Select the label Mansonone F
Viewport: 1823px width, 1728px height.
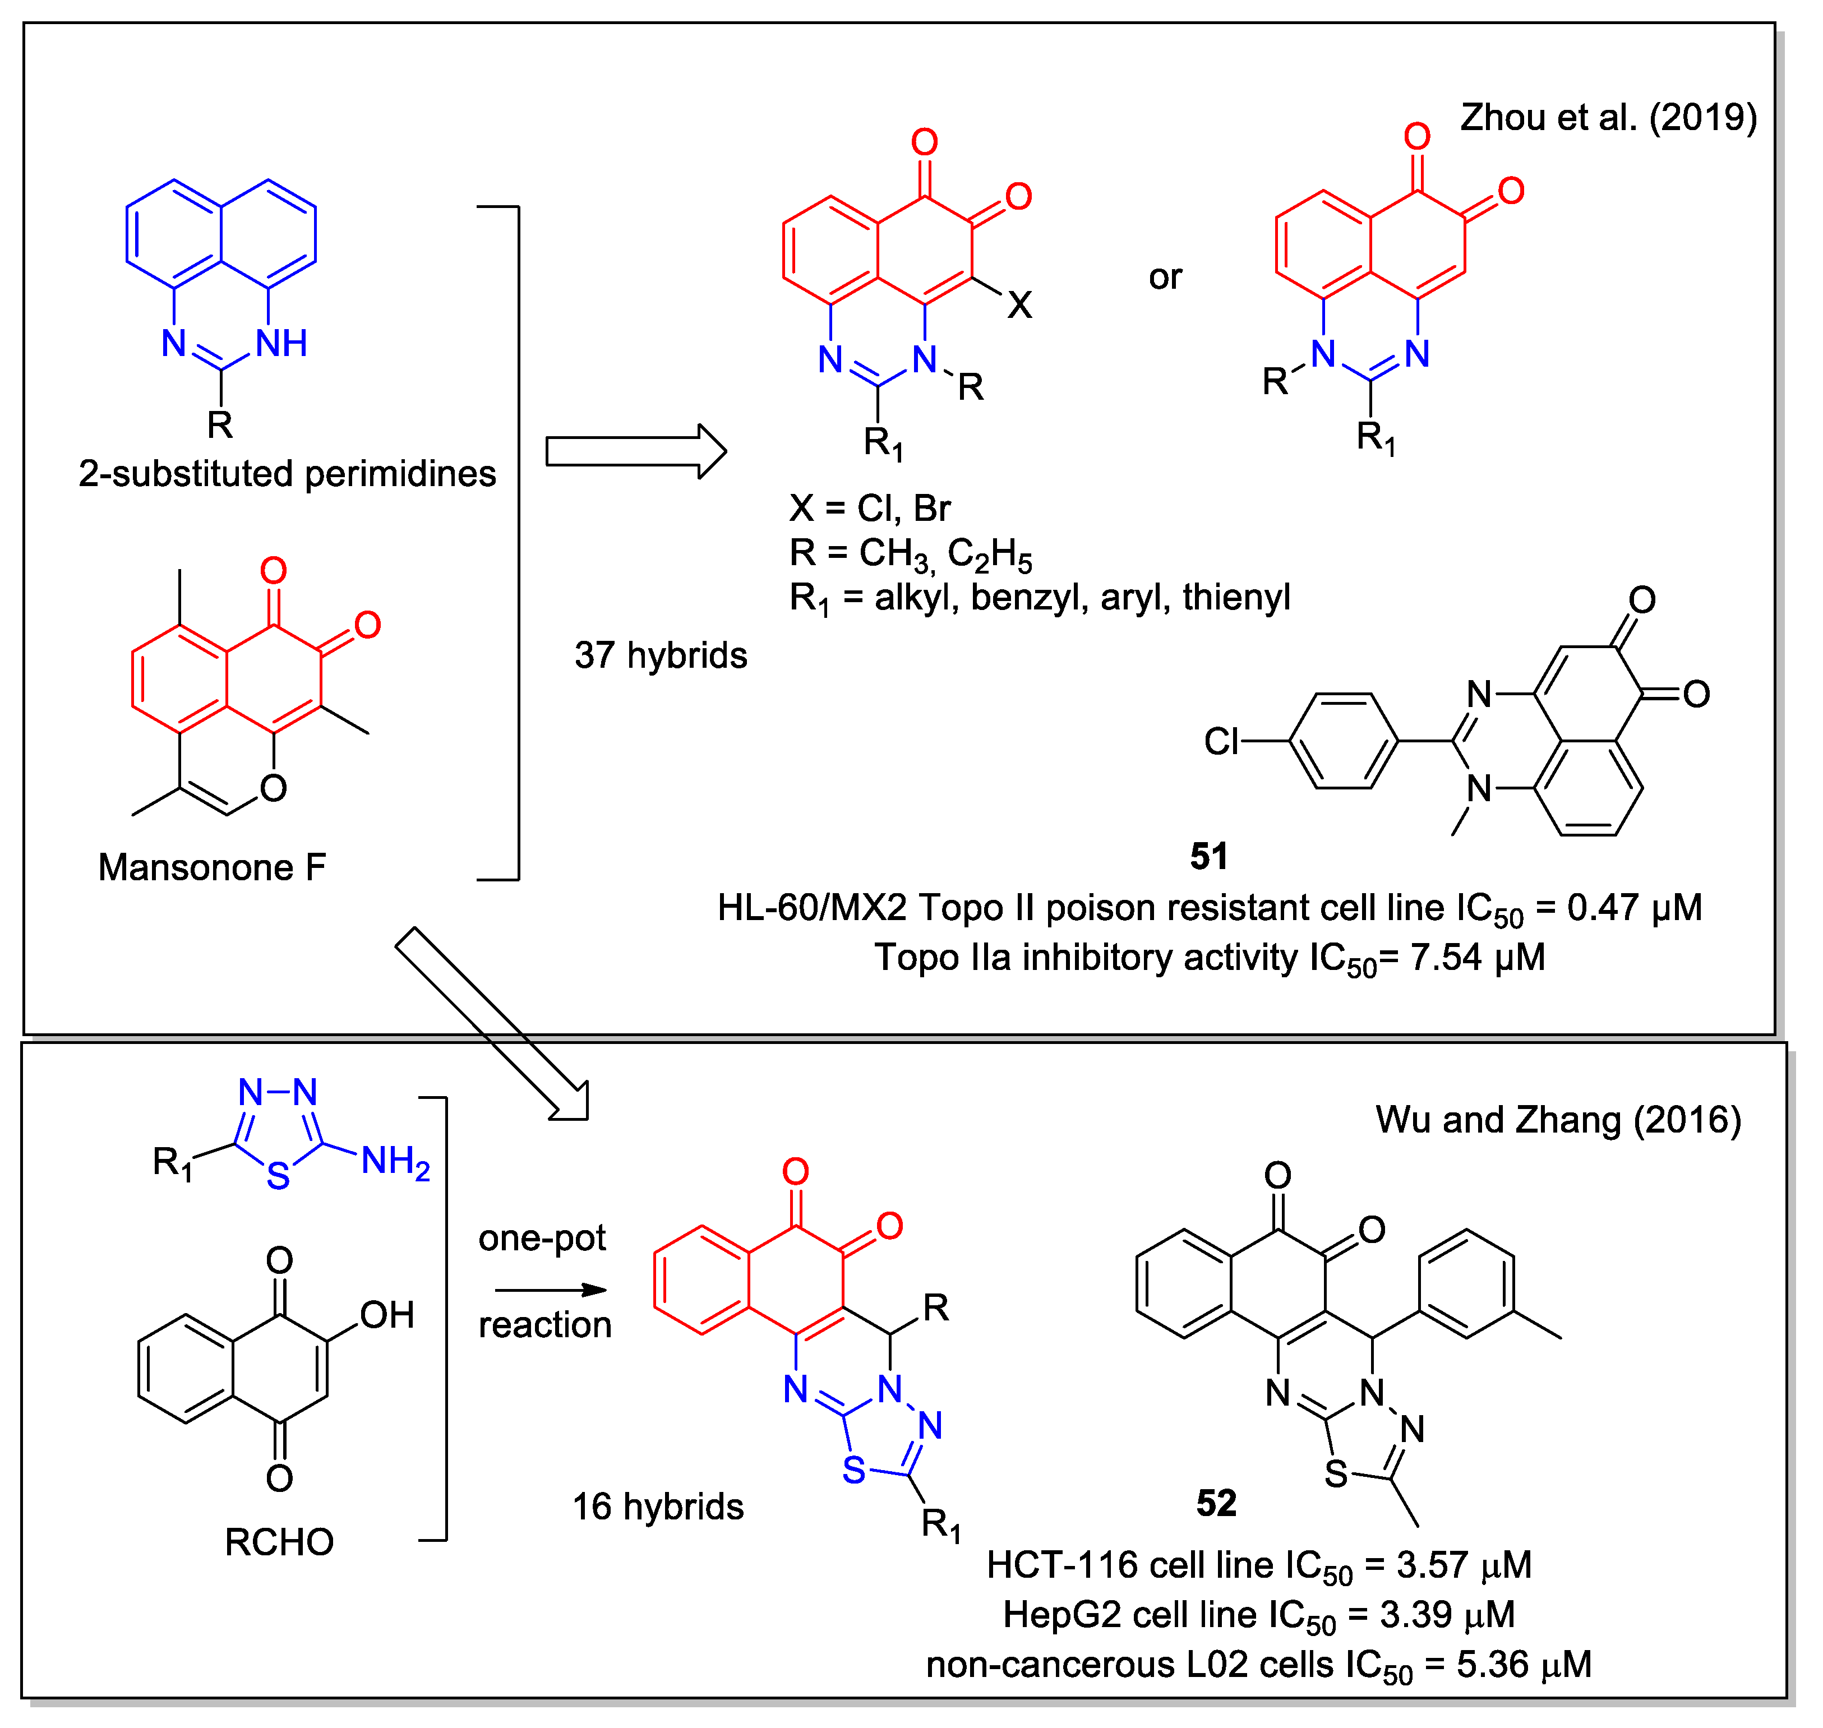tap(212, 868)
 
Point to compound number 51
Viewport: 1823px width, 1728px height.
tap(1208, 857)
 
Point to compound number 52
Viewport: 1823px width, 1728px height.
tap(1216, 1503)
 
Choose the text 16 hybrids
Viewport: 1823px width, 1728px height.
tap(658, 1507)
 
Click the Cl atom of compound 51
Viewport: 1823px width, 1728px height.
tap(1221, 741)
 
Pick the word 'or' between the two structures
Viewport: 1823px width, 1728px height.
tap(1164, 277)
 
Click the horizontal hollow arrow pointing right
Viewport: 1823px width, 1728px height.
tap(635, 451)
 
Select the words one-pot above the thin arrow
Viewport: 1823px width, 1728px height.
tap(542, 1238)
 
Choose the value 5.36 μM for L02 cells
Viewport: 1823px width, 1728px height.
tap(1524, 1665)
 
